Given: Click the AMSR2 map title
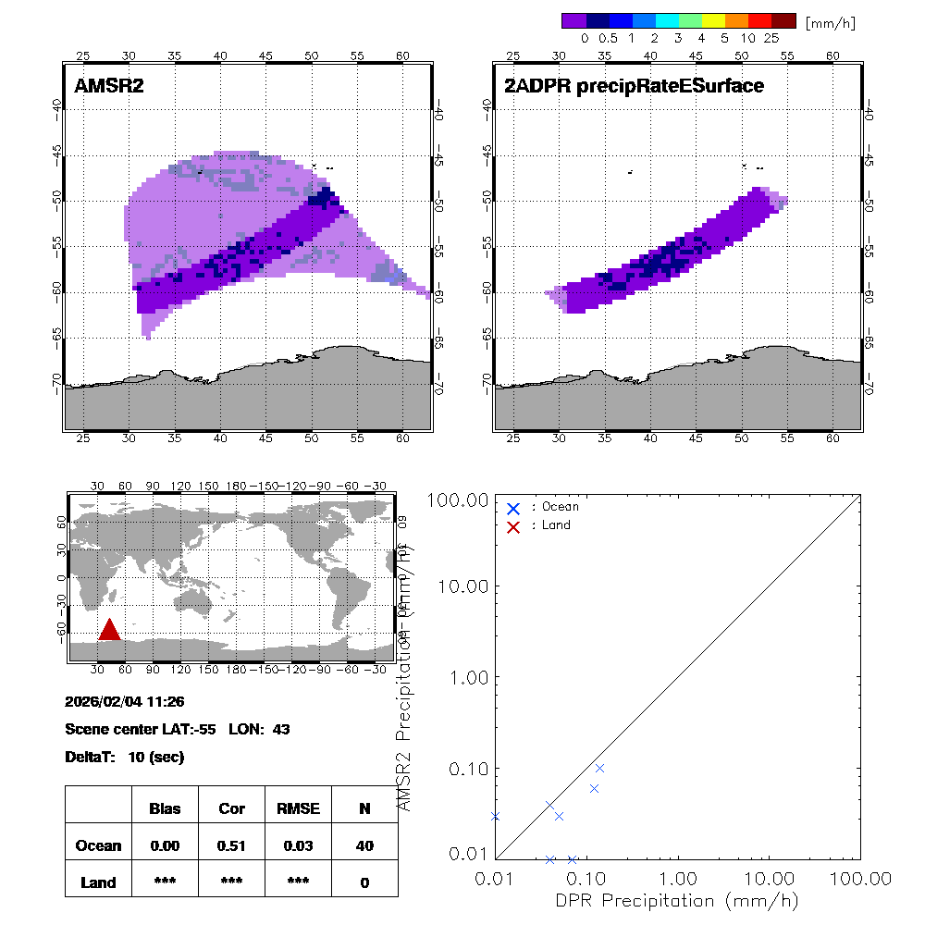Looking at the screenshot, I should tap(109, 86).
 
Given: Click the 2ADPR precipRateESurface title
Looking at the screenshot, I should tap(634, 86).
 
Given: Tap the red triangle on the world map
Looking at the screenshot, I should tap(109, 630).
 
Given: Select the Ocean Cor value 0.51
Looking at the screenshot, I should tap(231, 845).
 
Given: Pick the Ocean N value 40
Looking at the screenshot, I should tap(364, 845).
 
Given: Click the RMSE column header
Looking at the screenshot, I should tap(298, 808).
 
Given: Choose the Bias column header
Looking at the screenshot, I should tap(165, 808).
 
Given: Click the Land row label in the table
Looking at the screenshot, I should tap(99, 882).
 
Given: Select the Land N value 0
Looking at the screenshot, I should tap(364, 882).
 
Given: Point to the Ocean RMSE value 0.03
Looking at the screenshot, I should tap(298, 845).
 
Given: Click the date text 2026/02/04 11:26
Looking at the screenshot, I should tap(125, 702).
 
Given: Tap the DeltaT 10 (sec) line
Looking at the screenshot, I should tap(125, 757).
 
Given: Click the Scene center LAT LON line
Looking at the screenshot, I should tap(178, 729).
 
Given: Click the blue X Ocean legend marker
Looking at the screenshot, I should tap(513, 508).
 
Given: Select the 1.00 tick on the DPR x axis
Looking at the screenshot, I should tap(678, 877).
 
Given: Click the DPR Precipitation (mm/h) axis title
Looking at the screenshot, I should tap(677, 900).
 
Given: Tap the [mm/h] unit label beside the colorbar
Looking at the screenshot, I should tap(830, 22).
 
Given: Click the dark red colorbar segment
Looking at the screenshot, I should tap(783, 20).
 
